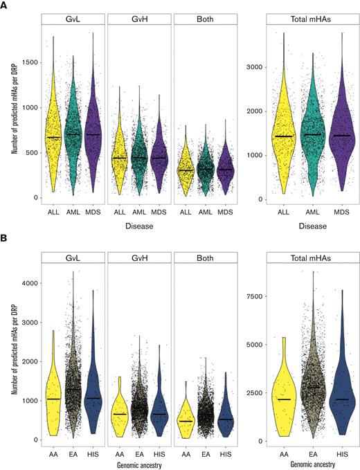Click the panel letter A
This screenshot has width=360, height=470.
pyautogui.click(x=5, y=5)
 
